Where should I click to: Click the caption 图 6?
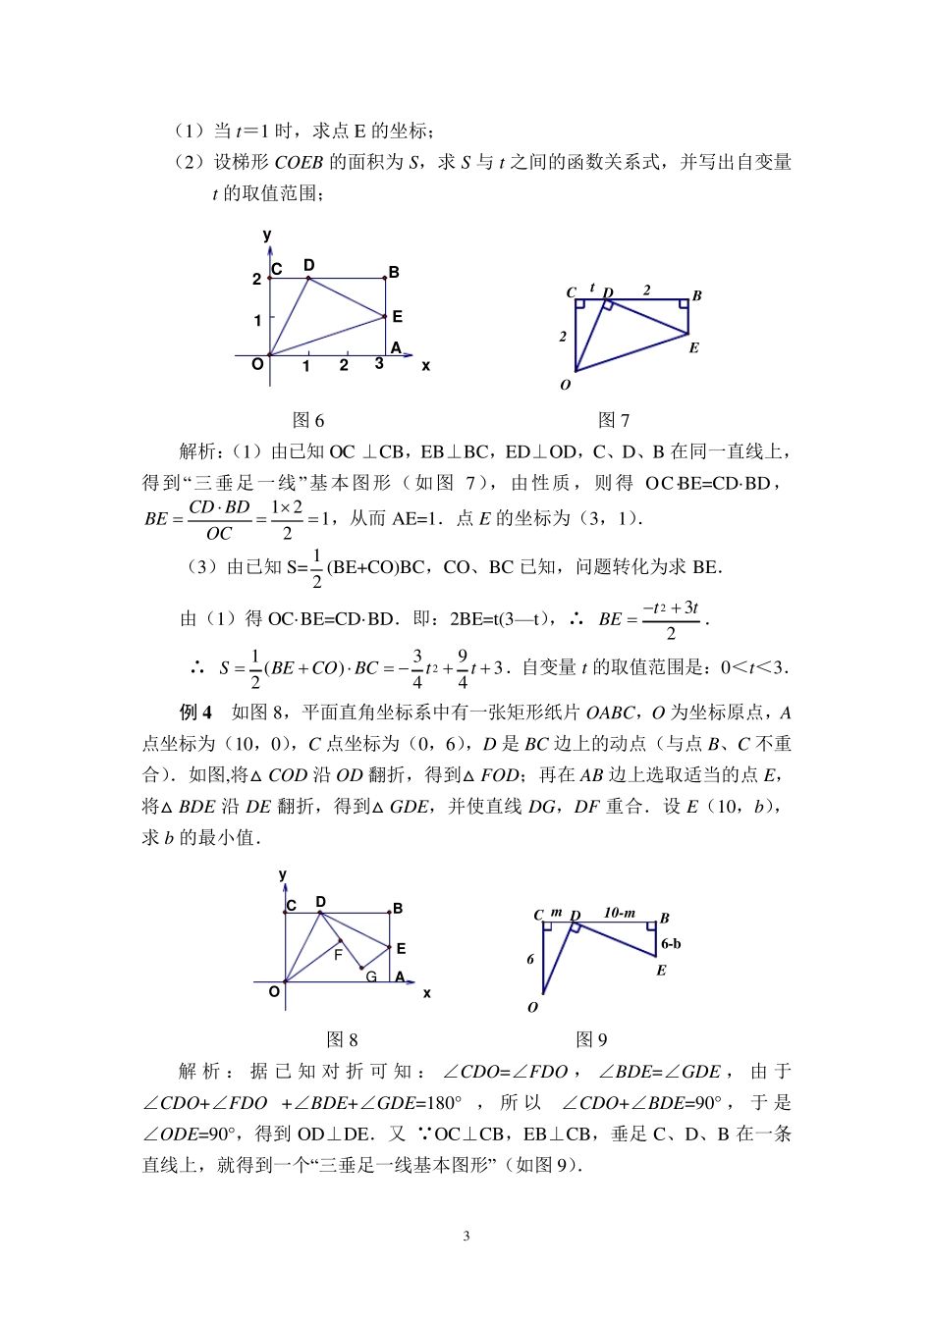308,420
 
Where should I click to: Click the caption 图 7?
614,420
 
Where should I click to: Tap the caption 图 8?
341,1040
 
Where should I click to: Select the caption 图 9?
591,1040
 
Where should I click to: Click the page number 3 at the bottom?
466,1236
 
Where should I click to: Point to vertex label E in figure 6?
397,316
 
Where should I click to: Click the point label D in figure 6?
308,265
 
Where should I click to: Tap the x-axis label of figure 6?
425,365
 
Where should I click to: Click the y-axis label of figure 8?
283,874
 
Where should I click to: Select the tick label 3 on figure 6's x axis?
379,364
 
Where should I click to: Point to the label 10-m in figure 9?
619,913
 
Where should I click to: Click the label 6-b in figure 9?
671,944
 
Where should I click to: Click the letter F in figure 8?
338,954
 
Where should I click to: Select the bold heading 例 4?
195,712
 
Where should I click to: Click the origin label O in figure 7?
565,385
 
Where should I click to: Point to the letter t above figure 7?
592,288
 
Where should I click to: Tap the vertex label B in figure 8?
398,909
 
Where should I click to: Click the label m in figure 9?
556,913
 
